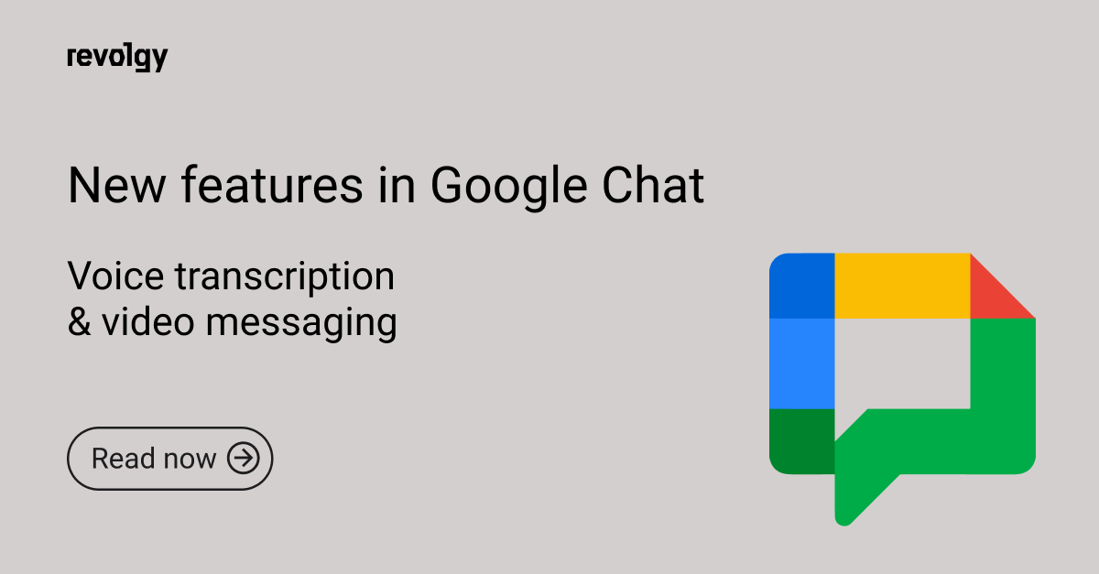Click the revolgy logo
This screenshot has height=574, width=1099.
[117, 58]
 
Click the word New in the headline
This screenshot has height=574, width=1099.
[117, 186]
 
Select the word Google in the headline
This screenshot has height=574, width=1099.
[509, 188]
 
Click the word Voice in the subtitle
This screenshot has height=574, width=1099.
[115, 276]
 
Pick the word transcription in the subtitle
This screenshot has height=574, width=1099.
[285, 278]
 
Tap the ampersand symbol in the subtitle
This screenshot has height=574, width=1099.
[80, 322]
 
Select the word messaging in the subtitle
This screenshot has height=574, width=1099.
[301, 325]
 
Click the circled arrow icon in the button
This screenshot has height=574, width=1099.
[244, 459]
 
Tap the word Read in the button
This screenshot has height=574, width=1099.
[123, 459]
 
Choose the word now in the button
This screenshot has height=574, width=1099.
[190, 461]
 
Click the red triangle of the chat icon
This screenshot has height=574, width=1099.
[991, 297]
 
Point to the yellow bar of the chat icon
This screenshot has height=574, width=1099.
[902, 286]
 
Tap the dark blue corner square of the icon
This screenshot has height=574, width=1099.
[802, 286]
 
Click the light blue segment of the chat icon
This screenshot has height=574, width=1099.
[801, 363]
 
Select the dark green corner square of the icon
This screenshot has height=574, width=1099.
[801, 441]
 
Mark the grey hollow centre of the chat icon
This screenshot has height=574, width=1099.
[902, 364]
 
